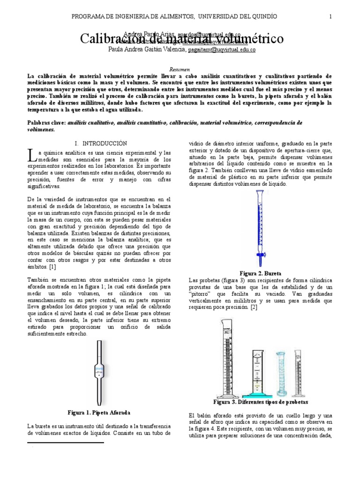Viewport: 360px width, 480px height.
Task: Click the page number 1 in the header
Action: click(x=330, y=16)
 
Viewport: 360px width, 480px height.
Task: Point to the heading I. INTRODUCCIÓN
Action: click(x=101, y=142)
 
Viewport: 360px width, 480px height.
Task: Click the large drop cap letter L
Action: click(x=31, y=155)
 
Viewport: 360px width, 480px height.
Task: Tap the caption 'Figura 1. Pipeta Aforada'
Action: click(x=98, y=412)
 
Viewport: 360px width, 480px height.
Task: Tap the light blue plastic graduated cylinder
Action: click(x=280, y=373)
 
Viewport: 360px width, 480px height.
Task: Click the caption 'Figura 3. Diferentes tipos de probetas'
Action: click(x=260, y=402)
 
